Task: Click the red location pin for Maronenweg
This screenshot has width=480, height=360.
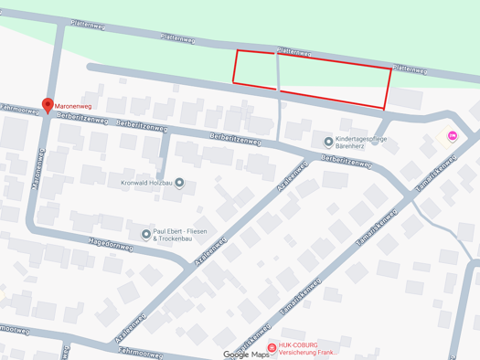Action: tap(48, 106)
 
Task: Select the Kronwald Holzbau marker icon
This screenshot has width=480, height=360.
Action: tap(179, 183)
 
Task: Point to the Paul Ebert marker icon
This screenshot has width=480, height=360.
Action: tap(146, 235)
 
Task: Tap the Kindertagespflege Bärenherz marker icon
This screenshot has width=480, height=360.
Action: tap(328, 142)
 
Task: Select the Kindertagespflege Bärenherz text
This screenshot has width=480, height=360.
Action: tap(362, 142)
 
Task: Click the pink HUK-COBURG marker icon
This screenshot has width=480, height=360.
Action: tap(272, 347)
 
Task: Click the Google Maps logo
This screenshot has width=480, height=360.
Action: tap(247, 354)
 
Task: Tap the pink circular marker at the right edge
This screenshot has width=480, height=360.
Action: tap(452, 136)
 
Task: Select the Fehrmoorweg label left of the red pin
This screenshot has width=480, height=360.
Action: tap(18, 109)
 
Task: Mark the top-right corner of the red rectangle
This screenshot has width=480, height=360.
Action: tap(391, 69)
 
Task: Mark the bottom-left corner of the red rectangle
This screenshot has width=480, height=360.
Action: tap(234, 83)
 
